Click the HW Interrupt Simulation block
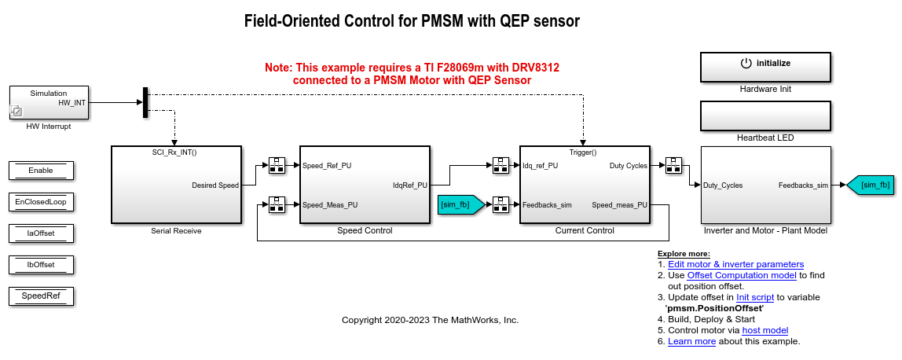48,102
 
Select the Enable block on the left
41,171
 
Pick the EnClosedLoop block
41,202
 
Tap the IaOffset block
41,233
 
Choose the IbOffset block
41,265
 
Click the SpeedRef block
41,296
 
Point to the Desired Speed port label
214,186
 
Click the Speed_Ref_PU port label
327,166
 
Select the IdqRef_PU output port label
410,186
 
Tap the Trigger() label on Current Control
583,152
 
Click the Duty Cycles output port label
629,166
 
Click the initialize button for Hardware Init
765,64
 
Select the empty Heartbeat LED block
765,116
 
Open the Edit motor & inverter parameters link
736,265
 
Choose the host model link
764,331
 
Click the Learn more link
691,342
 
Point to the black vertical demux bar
145,102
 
